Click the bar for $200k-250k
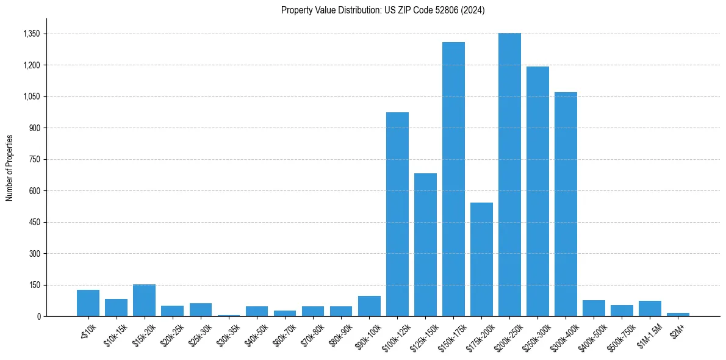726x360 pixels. pos(509,175)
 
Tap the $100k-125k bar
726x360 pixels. pos(397,214)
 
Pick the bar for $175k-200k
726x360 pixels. pos(481,259)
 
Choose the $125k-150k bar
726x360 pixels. pos(425,245)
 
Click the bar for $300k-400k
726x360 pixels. pos(566,204)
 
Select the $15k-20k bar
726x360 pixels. pos(144,300)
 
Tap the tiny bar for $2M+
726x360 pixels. pos(678,314)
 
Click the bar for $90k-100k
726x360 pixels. pos(369,306)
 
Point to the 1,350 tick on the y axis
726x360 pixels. pos(31,34)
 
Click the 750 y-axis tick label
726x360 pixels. pos(34,160)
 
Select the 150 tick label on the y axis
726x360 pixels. pos(34,285)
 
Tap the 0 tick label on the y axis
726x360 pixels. pos(38,317)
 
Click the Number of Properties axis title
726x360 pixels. pos(9,168)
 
